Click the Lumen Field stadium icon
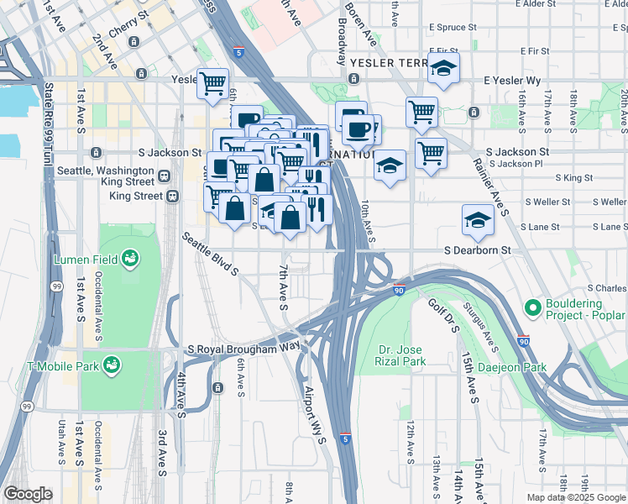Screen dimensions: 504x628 [x=130, y=257]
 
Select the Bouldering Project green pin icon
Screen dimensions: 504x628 [x=533, y=308]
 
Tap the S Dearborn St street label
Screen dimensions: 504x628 [x=477, y=250]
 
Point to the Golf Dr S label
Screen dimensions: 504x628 [x=442, y=315]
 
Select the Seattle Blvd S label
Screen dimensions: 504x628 [x=211, y=255]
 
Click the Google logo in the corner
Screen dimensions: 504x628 [x=28, y=494]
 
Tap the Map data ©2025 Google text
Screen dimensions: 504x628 [x=575, y=497]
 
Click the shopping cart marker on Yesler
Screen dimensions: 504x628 [x=213, y=82]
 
